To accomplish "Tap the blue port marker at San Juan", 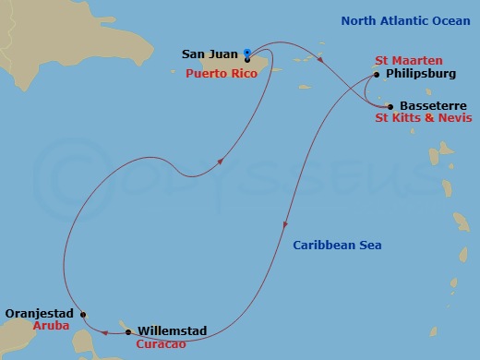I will click(x=246, y=53).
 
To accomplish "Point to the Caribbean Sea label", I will click(x=337, y=245).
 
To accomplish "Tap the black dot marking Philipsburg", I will click(x=376, y=75).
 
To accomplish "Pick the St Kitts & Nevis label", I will click(x=424, y=119).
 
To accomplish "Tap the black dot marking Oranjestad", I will click(x=83, y=314).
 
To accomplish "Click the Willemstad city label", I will click(x=172, y=330).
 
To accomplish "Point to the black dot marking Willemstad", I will click(x=127, y=330).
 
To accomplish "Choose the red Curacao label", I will click(x=162, y=343).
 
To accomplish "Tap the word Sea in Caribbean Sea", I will click(x=370, y=245).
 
